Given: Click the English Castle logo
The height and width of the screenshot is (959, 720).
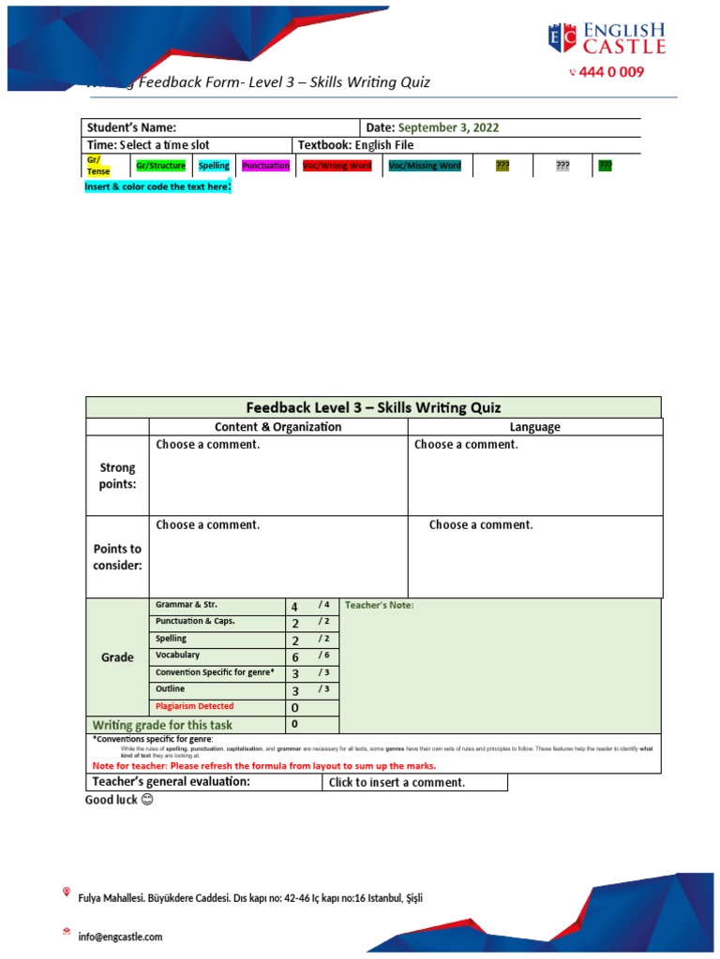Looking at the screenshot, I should point(607,38).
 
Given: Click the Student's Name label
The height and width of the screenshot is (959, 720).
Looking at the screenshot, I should point(131,128).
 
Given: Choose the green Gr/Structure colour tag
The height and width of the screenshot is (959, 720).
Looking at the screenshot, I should point(160,166).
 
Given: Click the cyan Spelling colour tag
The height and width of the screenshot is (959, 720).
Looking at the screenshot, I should point(214,166).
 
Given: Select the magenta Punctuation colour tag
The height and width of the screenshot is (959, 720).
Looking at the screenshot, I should point(265,166).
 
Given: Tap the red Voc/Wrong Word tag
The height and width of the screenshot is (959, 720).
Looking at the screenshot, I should point(337,166).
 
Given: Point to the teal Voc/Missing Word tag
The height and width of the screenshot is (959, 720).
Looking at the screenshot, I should point(425,166).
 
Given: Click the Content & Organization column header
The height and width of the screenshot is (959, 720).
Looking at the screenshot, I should point(278,427).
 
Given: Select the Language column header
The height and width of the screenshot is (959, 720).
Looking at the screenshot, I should point(534,427).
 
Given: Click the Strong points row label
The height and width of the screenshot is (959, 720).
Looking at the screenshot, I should point(117,476).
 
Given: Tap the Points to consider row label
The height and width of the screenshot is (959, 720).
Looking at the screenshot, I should point(117,557).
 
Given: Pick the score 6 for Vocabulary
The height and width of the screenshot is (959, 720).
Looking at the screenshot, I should point(295,657).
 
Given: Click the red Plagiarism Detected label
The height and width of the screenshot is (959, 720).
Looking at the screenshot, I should point(195,706).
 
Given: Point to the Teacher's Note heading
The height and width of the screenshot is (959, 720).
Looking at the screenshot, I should point(379,605).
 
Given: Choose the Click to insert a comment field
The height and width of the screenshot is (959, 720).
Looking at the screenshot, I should point(397,782).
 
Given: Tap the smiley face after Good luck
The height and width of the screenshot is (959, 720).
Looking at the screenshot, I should point(146,801).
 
